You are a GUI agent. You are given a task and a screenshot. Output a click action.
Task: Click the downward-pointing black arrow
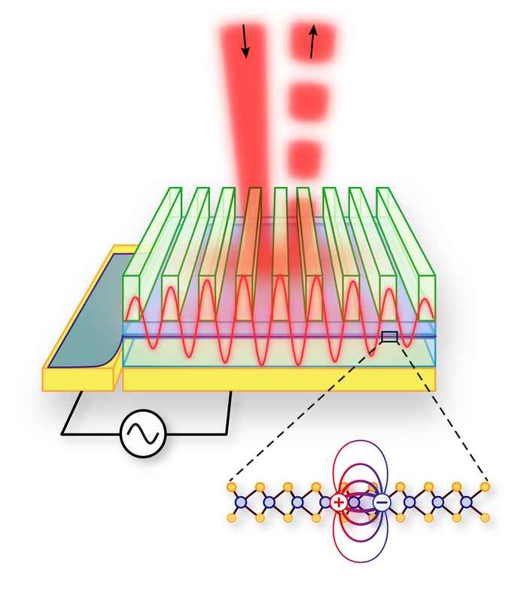point(245,41)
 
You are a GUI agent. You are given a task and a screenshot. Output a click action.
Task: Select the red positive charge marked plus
point(340,502)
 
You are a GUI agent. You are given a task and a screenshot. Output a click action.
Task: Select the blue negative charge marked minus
point(382,502)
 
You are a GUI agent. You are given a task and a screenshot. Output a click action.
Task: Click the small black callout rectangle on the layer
point(389,336)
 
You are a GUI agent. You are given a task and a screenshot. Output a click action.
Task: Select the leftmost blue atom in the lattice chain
point(241,502)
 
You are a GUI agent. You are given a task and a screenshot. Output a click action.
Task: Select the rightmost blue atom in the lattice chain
point(466,502)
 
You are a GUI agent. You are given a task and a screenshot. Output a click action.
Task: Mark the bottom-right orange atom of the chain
point(485,518)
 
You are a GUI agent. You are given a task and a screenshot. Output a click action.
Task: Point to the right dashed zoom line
point(444,411)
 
